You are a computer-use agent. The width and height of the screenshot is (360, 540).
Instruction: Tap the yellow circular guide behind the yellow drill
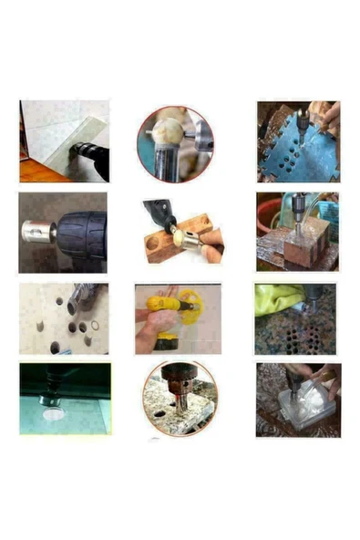(x=184, y=306)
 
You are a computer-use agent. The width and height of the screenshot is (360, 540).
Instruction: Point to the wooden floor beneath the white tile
(x=36, y=171)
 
